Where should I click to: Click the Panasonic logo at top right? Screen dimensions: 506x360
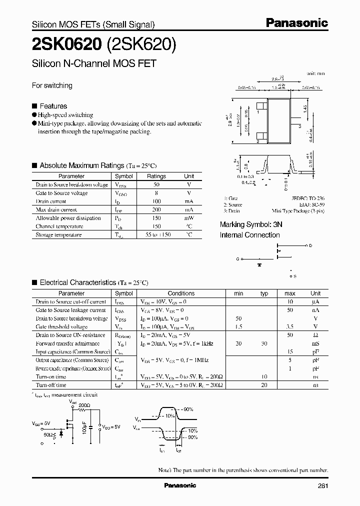296,23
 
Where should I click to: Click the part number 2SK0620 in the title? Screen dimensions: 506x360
66,45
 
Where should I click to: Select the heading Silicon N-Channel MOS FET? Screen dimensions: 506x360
94,63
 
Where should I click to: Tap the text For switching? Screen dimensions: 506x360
52,85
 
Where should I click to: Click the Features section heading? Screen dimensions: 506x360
53,106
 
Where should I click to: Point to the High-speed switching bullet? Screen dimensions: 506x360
65,115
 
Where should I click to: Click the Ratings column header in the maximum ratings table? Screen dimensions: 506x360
156,176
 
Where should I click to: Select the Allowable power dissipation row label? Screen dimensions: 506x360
68,218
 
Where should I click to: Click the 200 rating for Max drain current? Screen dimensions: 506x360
156,210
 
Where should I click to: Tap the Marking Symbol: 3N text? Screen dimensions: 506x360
251,225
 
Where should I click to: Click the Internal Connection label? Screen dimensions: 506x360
249,235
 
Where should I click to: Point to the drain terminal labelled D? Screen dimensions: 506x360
310,246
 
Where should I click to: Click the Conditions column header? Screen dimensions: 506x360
181,293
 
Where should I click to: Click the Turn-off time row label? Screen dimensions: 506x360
51,385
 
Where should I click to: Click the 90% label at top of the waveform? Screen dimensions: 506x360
188,409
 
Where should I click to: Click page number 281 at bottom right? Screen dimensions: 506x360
323,486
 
